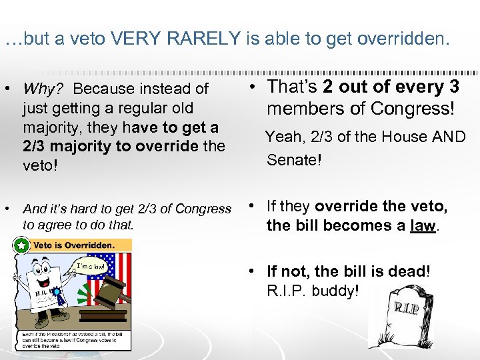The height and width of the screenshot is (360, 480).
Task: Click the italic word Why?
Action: [46, 89]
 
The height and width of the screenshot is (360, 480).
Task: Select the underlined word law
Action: [422, 225]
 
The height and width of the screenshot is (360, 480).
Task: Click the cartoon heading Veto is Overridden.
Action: [75, 245]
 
